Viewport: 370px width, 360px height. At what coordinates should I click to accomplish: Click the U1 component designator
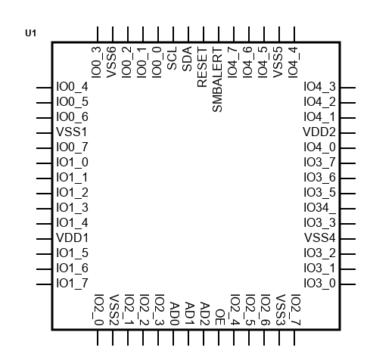tap(30, 33)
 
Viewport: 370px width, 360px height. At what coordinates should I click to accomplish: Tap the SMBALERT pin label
tap(217, 79)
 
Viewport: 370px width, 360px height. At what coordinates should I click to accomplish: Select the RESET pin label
tap(202, 67)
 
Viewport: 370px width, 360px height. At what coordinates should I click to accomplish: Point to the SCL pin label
tap(172, 58)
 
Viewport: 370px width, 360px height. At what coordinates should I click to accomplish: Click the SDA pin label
tap(187, 59)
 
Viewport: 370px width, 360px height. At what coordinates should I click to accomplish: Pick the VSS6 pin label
tap(111, 62)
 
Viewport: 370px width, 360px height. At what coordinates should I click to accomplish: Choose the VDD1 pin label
tap(73, 238)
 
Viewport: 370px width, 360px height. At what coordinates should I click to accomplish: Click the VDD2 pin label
tap(319, 132)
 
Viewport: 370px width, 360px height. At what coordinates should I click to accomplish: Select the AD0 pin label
tap(175, 314)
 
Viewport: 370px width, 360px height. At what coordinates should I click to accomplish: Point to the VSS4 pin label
tap(320, 238)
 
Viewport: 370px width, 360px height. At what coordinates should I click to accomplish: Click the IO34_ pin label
tap(320, 208)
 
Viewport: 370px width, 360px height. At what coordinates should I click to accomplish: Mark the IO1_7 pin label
tap(73, 284)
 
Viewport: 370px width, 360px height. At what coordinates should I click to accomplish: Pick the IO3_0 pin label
tap(320, 284)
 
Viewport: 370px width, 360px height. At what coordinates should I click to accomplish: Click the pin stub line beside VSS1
tap(44, 133)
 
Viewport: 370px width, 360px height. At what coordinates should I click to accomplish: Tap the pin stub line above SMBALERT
tap(219, 34)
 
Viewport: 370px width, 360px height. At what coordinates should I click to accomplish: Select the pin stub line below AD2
tap(204, 338)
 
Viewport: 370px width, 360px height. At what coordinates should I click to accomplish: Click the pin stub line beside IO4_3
tap(348, 88)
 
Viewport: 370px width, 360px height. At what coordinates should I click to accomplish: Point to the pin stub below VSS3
tap(279, 338)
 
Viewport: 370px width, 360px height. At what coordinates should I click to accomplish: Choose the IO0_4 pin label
tap(73, 87)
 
